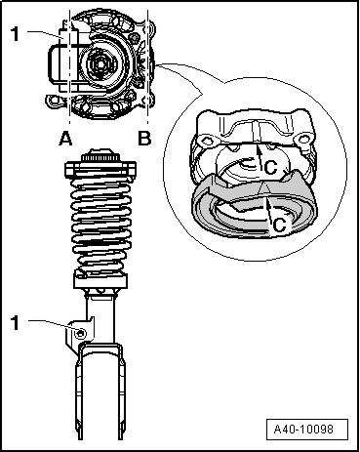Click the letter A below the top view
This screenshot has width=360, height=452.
coord(65,140)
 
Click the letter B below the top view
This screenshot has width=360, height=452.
coord(144,139)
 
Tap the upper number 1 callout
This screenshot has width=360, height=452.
coord(15,34)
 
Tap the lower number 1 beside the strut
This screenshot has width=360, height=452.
coord(15,323)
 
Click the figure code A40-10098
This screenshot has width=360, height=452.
coord(303,430)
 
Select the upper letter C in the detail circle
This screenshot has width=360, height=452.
coord(270,168)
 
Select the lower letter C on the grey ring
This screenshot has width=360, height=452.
coord(279,225)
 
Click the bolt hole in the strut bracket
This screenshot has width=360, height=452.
coord(80,333)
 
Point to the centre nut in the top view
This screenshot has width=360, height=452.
coord(100,64)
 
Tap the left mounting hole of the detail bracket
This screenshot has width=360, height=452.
coord(206,141)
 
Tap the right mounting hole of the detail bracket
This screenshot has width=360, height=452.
coord(303,140)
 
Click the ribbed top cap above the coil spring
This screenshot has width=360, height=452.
coord(100,156)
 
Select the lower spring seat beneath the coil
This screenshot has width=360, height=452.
coord(100,279)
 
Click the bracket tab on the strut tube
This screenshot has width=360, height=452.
coord(78,334)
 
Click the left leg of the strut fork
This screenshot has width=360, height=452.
coord(79,393)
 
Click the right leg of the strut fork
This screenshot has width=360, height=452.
coord(121,393)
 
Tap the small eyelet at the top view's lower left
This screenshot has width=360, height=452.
coord(53,101)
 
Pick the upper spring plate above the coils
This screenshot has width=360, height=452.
coord(100,170)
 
